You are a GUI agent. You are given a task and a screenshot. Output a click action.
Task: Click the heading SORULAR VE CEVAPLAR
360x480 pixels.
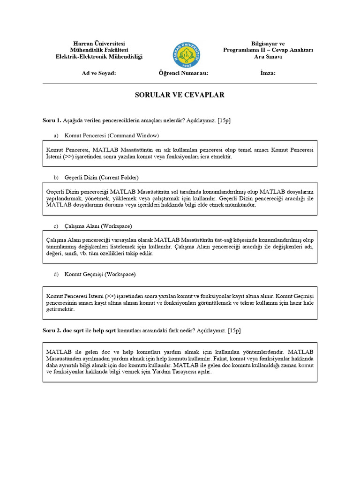pyautogui.click(x=180, y=95)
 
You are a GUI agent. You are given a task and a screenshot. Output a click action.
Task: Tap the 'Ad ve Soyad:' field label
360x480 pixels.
pyautogui.click(x=99, y=73)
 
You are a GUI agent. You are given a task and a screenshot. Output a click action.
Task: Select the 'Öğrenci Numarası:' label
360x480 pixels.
pyautogui.click(x=183, y=73)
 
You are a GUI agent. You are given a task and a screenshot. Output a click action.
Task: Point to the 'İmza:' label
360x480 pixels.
pyautogui.click(x=268, y=73)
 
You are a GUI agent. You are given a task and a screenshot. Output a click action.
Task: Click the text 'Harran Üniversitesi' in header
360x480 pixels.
pyautogui.click(x=99, y=43)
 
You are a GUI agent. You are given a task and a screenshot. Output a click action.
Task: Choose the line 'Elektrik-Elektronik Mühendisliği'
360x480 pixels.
pyautogui.click(x=99, y=57)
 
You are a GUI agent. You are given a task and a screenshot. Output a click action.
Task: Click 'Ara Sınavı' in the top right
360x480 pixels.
pyautogui.click(x=268, y=57)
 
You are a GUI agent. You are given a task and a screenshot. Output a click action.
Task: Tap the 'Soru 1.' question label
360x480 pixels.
pyautogui.click(x=52, y=120)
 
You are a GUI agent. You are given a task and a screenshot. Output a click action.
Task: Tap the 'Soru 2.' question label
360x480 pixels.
pyautogui.click(x=52, y=330)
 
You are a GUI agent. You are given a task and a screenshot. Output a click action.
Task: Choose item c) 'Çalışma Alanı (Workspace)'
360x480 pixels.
pyautogui.click(x=98, y=226)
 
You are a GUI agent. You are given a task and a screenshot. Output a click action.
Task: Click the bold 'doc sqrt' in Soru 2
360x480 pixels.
pyautogui.click(x=74, y=330)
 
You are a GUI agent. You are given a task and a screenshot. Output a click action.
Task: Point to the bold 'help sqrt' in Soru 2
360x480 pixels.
pyautogui.click(x=105, y=330)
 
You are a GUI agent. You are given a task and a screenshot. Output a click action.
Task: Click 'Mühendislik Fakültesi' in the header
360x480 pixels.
pyautogui.click(x=99, y=50)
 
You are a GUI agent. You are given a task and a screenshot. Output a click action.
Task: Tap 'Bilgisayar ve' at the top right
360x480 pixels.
pyautogui.click(x=268, y=43)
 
